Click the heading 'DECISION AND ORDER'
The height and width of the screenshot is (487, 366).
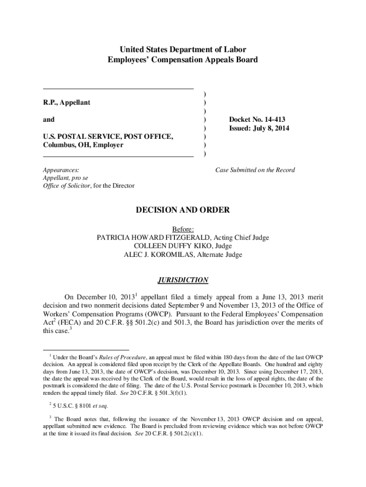click(183, 210)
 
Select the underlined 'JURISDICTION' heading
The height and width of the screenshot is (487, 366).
click(183, 280)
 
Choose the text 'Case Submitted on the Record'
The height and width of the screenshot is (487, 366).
click(255, 170)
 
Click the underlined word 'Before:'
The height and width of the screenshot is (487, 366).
click(183, 229)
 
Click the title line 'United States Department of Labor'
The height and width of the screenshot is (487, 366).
click(183, 49)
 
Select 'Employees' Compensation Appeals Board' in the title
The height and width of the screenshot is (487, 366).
click(183, 60)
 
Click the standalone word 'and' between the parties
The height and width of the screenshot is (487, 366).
click(48, 119)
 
